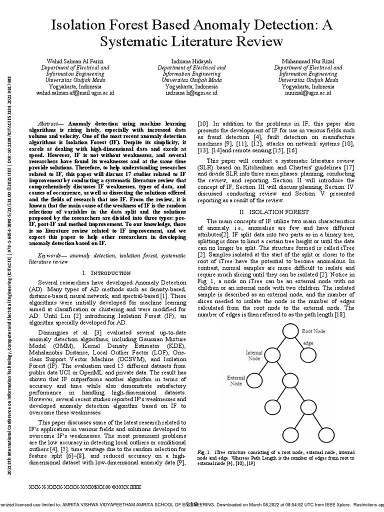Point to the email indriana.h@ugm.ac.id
point(191,92)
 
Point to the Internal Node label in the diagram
point(254,355)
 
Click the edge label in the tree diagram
point(308,343)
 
